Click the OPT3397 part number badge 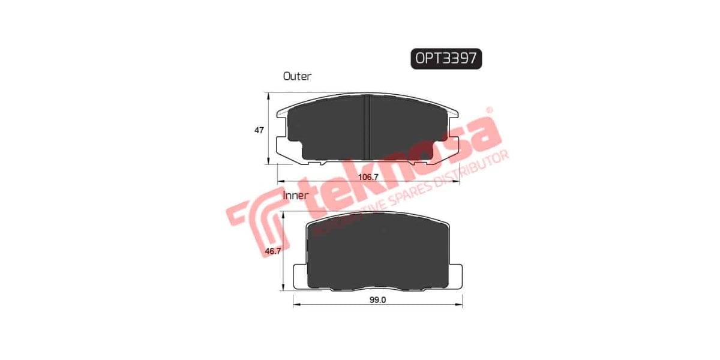point(446,58)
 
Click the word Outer point(297,76)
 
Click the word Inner point(295,195)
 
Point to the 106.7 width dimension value point(368,177)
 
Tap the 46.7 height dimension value point(273,253)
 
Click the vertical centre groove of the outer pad point(367,126)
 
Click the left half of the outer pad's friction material point(327,129)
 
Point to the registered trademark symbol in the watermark point(489,110)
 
